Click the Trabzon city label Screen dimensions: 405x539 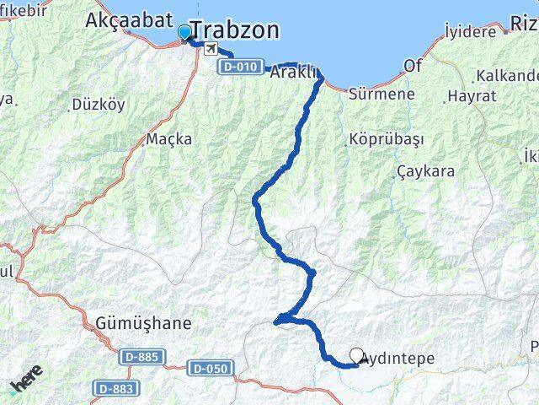235,30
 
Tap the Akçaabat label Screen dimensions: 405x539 129,21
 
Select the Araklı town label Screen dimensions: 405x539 293,73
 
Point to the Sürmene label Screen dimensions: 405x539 382,94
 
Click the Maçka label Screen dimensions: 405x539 168,138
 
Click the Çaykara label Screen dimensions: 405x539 425,171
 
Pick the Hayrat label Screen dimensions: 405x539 472,96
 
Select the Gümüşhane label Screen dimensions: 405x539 142,323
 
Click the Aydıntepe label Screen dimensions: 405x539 398,359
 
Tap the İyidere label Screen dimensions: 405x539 472,31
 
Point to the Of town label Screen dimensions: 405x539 413,65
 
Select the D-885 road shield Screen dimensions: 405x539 138,357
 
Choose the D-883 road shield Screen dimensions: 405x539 114,387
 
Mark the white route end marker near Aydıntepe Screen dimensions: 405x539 356,356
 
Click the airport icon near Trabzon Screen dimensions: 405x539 208,49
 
